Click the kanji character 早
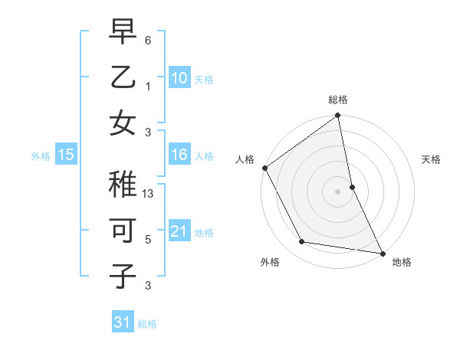pos(123,31)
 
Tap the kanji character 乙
pos(123,77)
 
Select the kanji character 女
pos(123,122)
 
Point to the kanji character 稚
pos(123,184)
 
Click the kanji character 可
pos(123,230)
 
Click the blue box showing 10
pos(179,77)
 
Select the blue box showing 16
pos(179,155)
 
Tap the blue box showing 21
pos(179,231)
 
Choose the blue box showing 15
pos(66,155)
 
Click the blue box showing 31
pos(123,322)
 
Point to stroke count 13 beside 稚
pos(149,195)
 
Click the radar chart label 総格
pos(338,100)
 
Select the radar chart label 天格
pos(431,159)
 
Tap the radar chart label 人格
pos(245,159)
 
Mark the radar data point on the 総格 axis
pos(337,116)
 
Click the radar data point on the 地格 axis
pos(382,253)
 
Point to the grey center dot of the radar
pos(337,191)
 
